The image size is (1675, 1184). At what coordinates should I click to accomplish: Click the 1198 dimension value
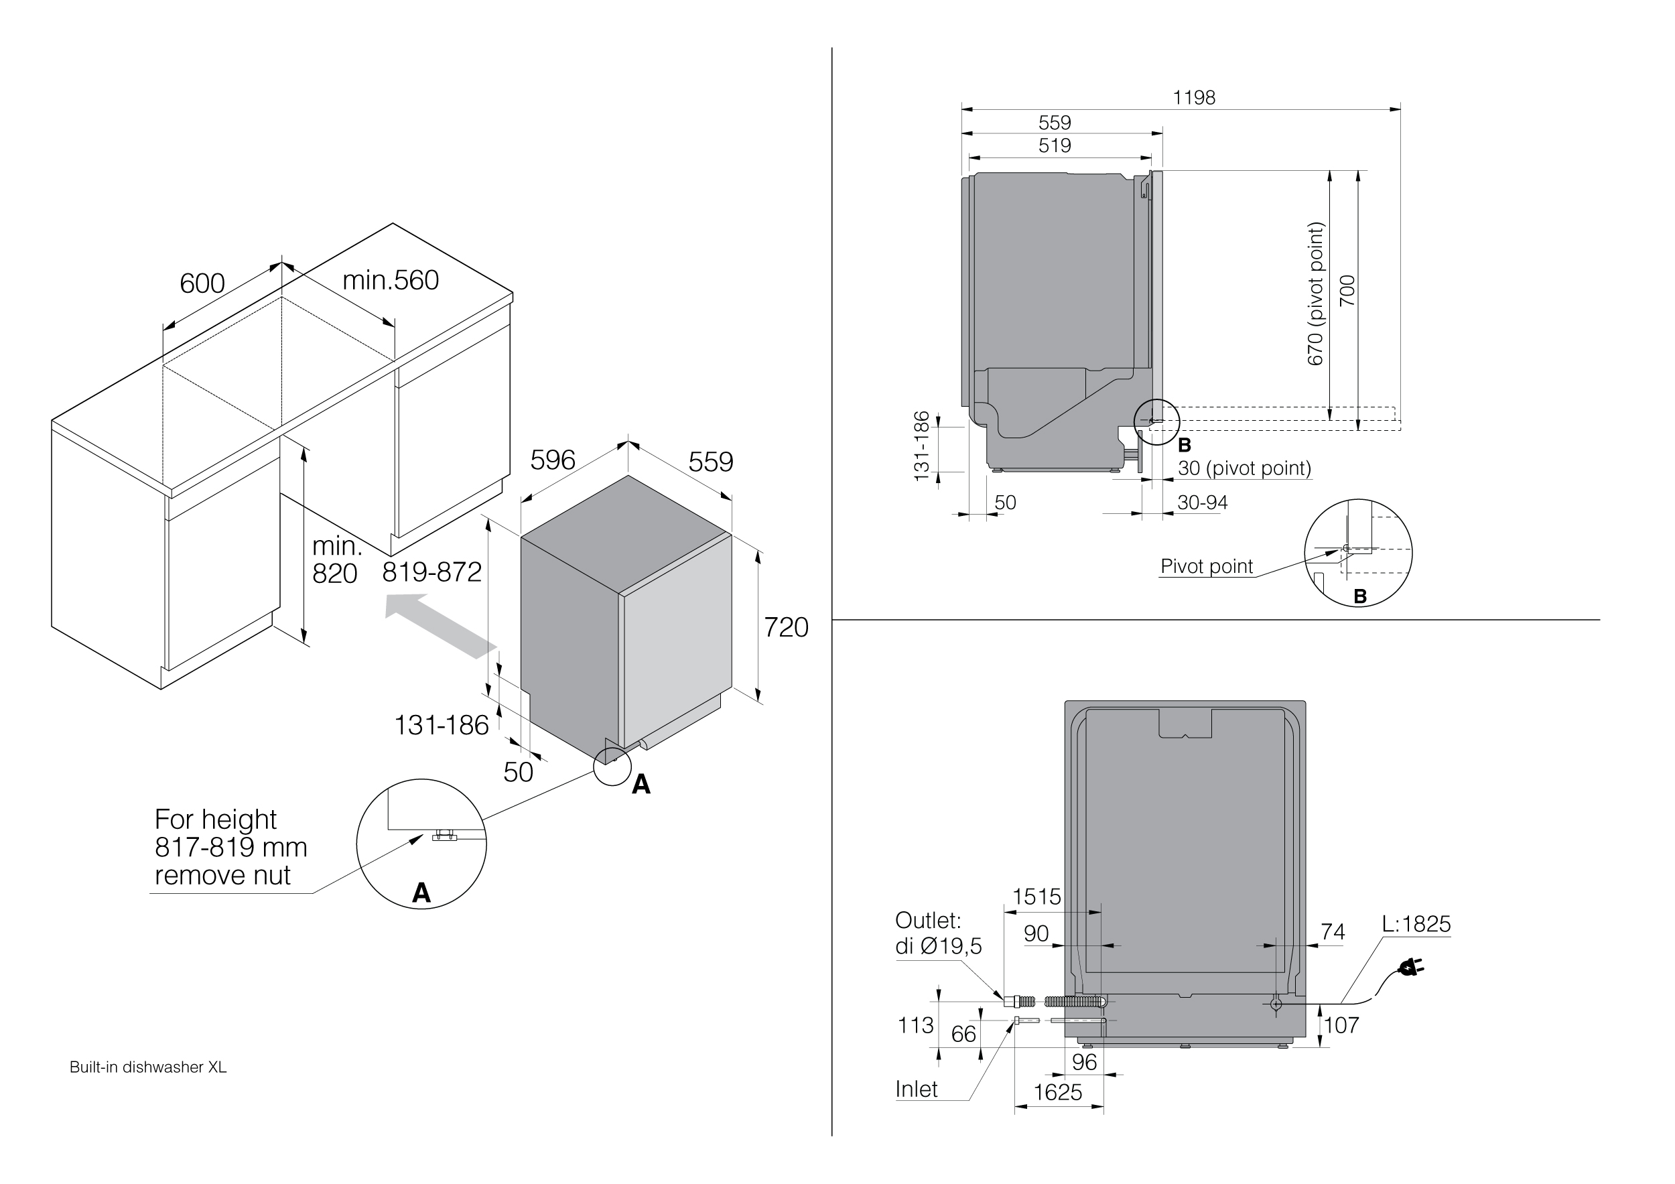tap(1193, 98)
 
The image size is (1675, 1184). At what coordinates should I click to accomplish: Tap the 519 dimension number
tap(1054, 146)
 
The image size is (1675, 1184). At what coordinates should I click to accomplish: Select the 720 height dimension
tap(786, 627)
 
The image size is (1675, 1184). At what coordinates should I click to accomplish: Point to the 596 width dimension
tap(552, 460)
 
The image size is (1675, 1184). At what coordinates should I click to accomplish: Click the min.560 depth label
tap(391, 280)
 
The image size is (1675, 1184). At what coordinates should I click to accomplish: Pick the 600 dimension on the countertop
tap(202, 283)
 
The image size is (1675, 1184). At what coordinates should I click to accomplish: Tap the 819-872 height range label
tap(432, 573)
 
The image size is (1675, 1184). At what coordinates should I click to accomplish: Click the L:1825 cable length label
tap(1416, 924)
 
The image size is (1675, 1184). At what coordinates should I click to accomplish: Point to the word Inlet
tap(917, 1089)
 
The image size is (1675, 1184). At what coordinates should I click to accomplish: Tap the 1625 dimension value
tap(1058, 1092)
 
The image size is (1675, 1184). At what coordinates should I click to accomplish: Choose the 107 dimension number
tap(1341, 1025)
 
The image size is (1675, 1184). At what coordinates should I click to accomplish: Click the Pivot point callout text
tap(1207, 566)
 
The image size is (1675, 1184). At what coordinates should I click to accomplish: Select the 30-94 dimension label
tap(1202, 503)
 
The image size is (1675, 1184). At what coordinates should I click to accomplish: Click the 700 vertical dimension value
tap(1347, 290)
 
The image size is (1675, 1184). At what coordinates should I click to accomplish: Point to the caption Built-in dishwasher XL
tap(148, 1067)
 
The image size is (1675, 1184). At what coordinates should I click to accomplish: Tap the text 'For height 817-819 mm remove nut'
tap(230, 847)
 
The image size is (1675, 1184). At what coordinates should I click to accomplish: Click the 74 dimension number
tap(1332, 931)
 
